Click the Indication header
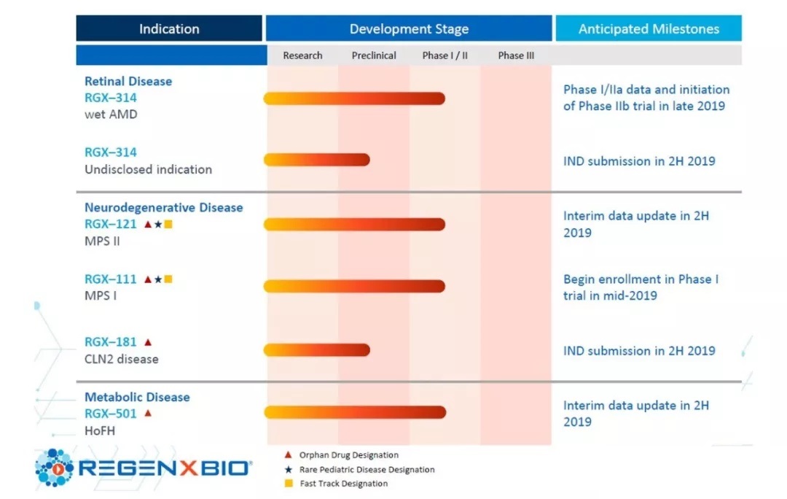(x=169, y=29)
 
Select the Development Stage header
(x=409, y=29)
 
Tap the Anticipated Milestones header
(x=649, y=29)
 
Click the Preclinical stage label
(x=374, y=55)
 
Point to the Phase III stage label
(x=516, y=55)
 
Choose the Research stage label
(x=302, y=55)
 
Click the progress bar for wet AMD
(x=354, y=98)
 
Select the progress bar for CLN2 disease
(x=316, y=350)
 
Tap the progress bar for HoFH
(x=354, y=413)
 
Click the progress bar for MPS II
(x=354, y=225)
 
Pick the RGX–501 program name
(x=110, y=414)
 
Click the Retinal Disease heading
(x=128, y=81)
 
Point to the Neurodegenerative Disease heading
(x=164, y=207)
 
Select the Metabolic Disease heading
(x=137, y=397)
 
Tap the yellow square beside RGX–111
(x=168, y=279)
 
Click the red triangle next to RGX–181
(x=148, y=341)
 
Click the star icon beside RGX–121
(x=158, y=225)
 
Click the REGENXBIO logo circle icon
(x=54, y=468)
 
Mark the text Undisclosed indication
(x=148, y=169)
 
